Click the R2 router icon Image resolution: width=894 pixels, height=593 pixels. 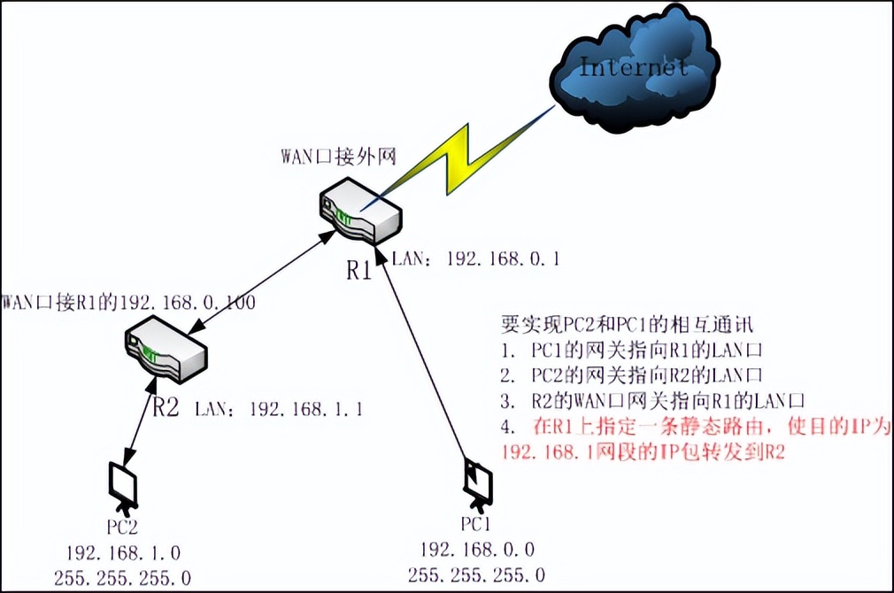[x=166, y=350]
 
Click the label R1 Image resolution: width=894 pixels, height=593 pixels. [x=358, y=270]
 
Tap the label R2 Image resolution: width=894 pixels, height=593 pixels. [x=166, y=408]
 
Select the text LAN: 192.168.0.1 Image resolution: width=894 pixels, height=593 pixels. [x=474, y=259]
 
